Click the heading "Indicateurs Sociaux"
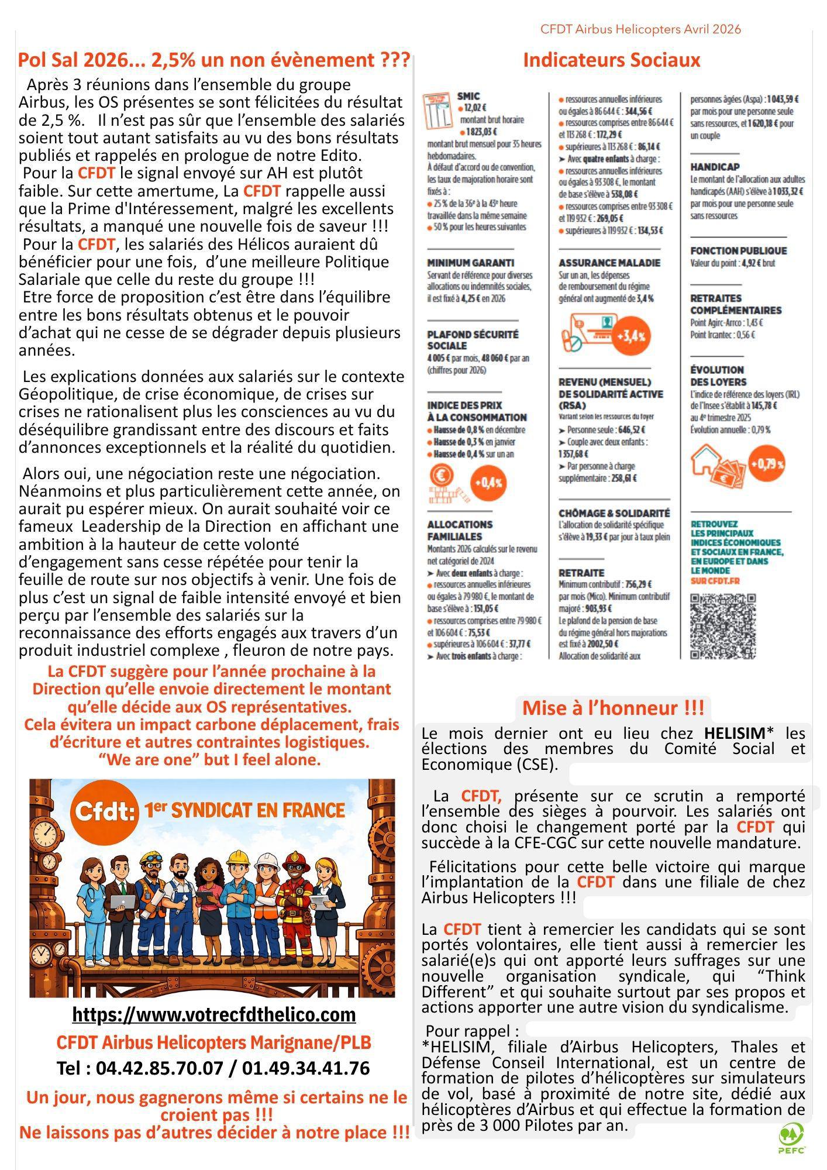click(611, 60)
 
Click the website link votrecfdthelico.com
click(213, 1014)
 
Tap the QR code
click(723, 626)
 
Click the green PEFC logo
click(791, 1138)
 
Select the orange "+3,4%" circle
click(632, 336)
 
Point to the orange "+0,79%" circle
click(766, 464)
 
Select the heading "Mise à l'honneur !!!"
click(613, 708)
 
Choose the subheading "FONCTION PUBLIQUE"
click(738, 251)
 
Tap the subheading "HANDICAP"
click(715, 167)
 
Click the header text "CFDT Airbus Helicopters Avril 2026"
click(640, 29)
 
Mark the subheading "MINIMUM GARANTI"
click(470, 263)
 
